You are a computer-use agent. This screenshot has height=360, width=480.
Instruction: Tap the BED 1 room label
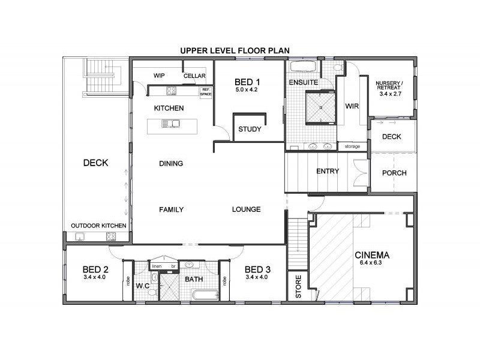(247, 82)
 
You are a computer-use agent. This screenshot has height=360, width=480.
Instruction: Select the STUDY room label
(249, 129)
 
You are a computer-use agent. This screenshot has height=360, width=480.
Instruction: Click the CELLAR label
(194, 76)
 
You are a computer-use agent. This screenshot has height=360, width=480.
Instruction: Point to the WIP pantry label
(159, 76)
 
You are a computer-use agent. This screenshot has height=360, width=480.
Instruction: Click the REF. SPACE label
(206, 92)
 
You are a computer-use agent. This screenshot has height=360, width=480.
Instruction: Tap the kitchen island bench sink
(171, 124)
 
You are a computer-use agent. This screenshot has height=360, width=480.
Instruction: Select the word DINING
(171, 163)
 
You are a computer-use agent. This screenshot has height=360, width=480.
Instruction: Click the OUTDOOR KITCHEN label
(98, 225)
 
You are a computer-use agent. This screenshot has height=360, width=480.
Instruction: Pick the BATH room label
(193, 280)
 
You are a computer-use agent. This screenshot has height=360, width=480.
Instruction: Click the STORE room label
(295, 287)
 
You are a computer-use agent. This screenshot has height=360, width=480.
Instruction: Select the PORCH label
(394, 173)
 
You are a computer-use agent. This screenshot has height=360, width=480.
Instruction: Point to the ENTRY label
(328, 171)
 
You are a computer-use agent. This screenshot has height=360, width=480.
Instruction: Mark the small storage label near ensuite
(352, 146)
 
